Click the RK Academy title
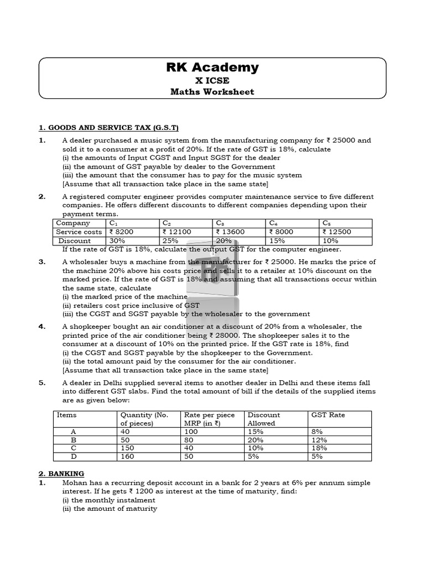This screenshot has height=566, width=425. (x=212, y=67)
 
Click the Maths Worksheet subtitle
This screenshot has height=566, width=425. (x=212, y=91)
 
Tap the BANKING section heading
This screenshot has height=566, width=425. (x=61, y=474)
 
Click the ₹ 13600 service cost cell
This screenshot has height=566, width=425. (x=229, y=232)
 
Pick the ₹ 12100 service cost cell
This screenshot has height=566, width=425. (x=177, y=232)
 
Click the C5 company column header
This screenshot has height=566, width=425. (x=326, y=223)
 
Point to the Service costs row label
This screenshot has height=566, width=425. (x=79, y=232)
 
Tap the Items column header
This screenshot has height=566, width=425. (x=66, y=415)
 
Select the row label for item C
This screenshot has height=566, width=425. (x=74, y=448)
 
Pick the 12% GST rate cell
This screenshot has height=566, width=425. (x=319, y=440)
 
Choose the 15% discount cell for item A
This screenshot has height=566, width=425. (x=255, y=432)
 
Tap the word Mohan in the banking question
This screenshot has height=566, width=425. (x=74, y=483)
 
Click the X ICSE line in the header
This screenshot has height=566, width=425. (x=212, y=80)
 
